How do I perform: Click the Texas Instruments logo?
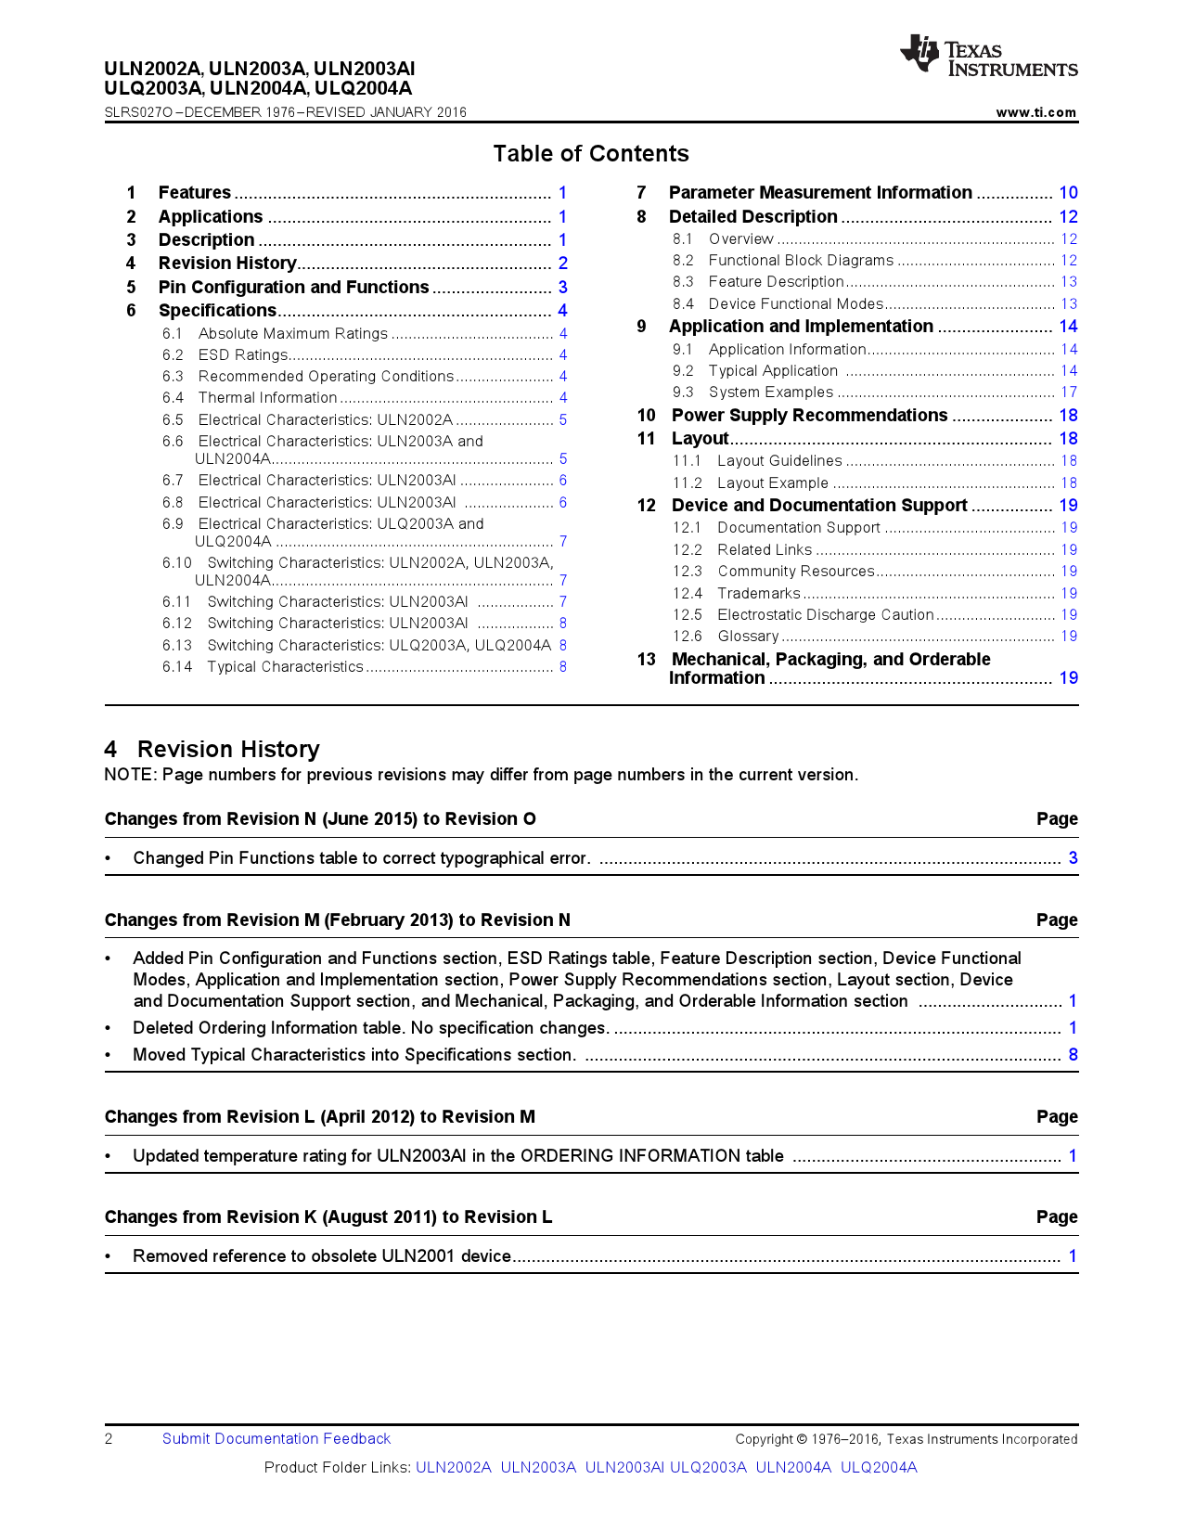[987, 57]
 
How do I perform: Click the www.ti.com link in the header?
[1035, 112]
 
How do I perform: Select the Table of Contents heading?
[590, 154]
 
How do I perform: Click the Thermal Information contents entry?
[267, 398]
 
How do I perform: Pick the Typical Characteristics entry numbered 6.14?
[285, 667]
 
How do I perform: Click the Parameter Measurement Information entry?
[819, 193]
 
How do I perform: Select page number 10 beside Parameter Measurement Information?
[1068, 193]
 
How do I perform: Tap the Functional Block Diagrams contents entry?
[800, 261]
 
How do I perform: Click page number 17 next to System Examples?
[1069, 392]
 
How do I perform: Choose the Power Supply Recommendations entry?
[809, 416]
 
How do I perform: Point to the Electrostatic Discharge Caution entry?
[825, 615]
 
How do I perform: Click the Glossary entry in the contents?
[748, 637]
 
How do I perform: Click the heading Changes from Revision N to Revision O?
[320, 819]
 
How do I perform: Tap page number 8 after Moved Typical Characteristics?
[1073, 1055]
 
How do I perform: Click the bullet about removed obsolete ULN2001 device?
[322, 1256]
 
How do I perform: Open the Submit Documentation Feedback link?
[276, 1439]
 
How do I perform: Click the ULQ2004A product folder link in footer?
[878, 1468]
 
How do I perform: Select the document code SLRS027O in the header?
[138, 112]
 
